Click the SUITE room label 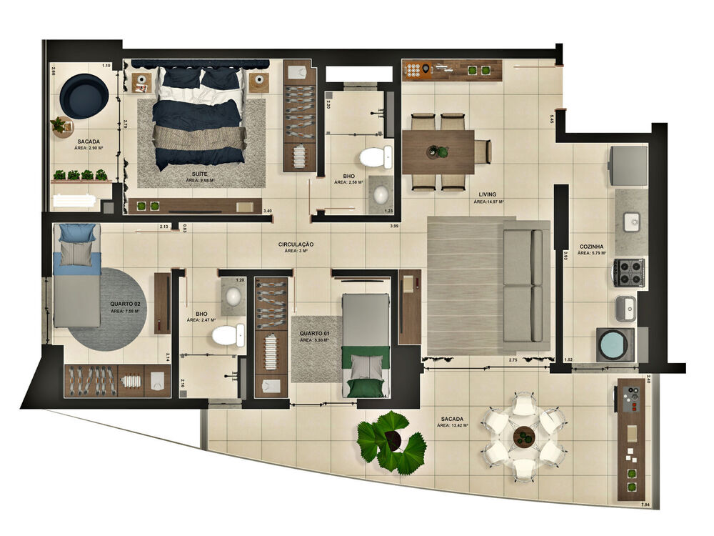tap(200, 174)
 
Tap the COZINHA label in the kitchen tap(592, 247)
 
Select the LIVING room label tap(488, 194)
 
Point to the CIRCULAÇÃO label tap(296, 244)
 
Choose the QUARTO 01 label tap(313, 333)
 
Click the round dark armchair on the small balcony tap(84, 96)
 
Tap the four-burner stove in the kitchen tap(628, 272)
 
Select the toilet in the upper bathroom tap(376, 157)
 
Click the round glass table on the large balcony tap(524, 435)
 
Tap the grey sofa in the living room tap(526, 286)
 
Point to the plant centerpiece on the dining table tap(438, 152)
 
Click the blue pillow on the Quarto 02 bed tap(76, 233)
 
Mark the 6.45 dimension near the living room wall tap(551, 119)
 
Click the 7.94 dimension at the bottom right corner tap(645, 505)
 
